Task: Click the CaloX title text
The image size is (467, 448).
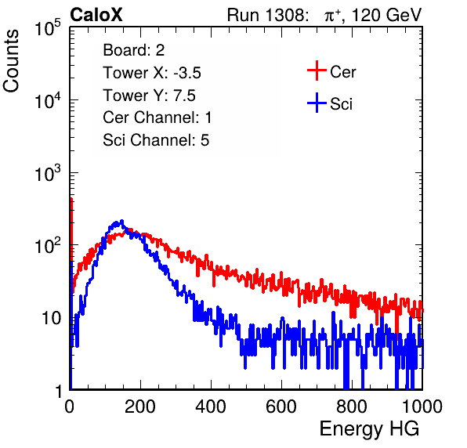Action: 96,15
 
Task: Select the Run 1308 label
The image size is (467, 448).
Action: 267,15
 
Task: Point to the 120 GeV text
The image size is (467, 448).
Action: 386,15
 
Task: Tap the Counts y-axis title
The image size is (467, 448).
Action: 11,61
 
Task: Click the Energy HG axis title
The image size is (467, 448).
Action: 369,428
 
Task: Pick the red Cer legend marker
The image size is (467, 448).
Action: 317,70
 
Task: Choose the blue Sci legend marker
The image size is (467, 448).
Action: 317,103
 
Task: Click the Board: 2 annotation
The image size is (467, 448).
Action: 133,50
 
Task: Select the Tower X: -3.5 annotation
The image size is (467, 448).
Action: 152,73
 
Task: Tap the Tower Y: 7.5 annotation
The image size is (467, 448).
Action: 149,96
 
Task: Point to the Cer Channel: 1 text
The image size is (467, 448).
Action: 157,117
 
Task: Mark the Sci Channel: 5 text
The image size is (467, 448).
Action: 156,140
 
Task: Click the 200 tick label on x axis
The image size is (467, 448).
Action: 140,406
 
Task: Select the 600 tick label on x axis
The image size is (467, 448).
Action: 281,406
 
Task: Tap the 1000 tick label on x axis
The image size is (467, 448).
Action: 422,406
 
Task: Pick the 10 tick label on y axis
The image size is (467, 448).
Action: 52,319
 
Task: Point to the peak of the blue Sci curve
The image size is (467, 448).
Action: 121,222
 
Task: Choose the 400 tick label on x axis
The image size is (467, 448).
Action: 211,406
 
